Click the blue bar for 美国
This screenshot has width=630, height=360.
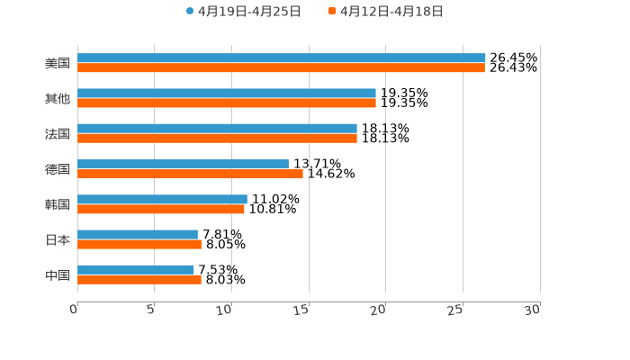point(281,58)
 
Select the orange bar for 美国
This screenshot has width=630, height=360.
point(281,67)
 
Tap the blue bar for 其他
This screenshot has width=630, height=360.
point(227,93)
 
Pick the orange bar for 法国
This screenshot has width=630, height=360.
point(217,138)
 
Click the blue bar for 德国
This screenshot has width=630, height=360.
point(183,164)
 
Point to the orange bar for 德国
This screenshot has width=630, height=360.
point(190,174)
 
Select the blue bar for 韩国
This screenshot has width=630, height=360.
point(162,199)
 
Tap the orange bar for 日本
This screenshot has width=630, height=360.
point(139,244)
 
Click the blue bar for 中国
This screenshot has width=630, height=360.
point(136,269)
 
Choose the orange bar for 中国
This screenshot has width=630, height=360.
point(139,279)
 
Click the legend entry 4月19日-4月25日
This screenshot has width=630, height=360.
point(243,12)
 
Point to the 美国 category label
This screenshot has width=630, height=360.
point(58,64)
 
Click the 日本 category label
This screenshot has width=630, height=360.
point(58,239)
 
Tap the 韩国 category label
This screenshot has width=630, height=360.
point(58,204)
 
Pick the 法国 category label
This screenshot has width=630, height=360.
point(58,134)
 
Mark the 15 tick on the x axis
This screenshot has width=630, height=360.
point(302,309)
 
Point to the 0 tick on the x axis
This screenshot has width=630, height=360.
point(75,309)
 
